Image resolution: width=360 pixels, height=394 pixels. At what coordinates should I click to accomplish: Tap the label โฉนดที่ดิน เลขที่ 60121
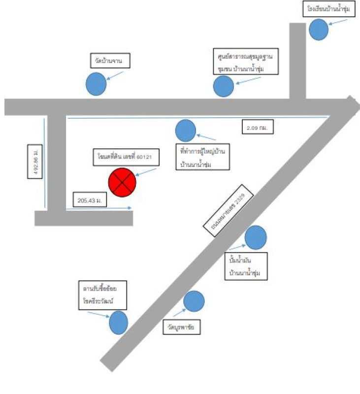pos(125,158)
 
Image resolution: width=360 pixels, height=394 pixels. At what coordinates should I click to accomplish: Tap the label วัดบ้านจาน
pos(109,62)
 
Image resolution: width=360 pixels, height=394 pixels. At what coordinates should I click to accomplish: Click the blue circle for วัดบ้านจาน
pos(96,84)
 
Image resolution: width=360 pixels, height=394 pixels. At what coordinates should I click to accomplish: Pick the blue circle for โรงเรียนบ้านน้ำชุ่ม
pos(319,29)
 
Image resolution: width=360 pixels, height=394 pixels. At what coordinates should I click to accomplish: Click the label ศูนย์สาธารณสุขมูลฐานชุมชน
pos(246,61)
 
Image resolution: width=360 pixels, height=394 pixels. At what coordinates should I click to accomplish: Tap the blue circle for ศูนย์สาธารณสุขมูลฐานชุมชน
pos(223,86)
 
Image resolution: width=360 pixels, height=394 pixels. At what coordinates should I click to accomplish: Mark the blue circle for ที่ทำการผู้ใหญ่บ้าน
pos(186,131)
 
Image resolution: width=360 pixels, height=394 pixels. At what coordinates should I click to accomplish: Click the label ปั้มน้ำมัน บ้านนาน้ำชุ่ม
pos(245,266)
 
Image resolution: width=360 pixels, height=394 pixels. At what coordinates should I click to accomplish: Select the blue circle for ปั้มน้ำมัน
pos(256,237)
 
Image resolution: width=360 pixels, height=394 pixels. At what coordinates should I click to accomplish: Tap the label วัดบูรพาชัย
pos(182,327)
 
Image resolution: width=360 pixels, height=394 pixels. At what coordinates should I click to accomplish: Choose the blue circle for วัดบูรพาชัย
pos(194,301)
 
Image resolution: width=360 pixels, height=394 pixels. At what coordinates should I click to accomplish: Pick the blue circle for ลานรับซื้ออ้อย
pos(119,323)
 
